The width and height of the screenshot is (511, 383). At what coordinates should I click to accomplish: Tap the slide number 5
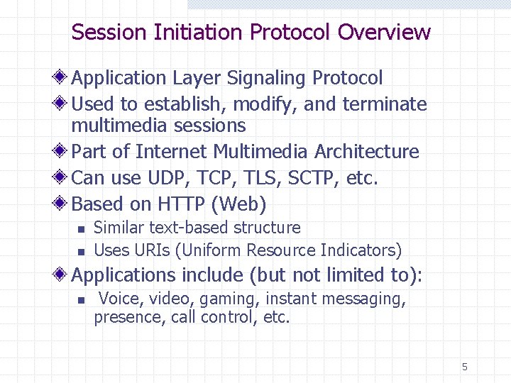click(x=465, y=367)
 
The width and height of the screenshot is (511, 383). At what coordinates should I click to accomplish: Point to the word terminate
click(x=385, y=104)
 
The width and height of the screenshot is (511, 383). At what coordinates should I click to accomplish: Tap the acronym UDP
click(x=163, y=178)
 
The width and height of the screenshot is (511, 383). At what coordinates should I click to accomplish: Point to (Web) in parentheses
click(x=238, y=204)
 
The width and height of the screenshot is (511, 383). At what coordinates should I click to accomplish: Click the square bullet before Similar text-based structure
click(x=81, y=229)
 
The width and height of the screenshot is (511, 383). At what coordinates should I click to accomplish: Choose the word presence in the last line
click(x=129, y=317)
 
